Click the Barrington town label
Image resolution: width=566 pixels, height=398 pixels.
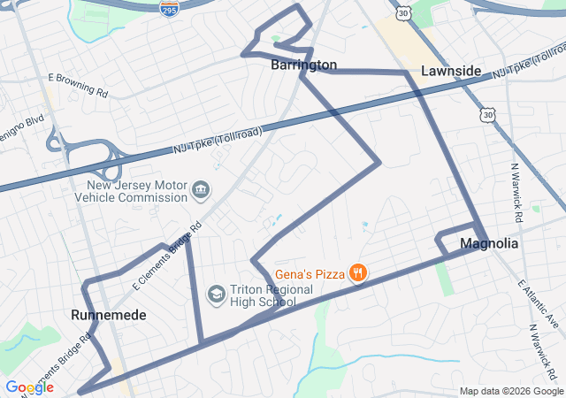[x=303, y=65]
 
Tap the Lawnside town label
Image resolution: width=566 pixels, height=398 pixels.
[x=451, y=71]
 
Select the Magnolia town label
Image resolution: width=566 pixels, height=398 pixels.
[x=489, y=243]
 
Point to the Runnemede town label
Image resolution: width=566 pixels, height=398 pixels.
[x=109, y=315]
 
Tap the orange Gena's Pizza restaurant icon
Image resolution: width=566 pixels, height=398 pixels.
[x=358, y=273]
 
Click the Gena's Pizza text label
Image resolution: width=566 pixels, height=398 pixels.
[x=310, y=273]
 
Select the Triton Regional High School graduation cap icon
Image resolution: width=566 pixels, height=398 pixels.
[x=216, y=293]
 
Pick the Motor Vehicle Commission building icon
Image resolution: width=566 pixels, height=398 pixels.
[x=201, y=189]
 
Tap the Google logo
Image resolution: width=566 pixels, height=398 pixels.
[x=29, y=387]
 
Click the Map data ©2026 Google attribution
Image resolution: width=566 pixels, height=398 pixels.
[x=510, y=391]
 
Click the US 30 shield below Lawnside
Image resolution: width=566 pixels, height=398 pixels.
[x=486, y=115]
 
